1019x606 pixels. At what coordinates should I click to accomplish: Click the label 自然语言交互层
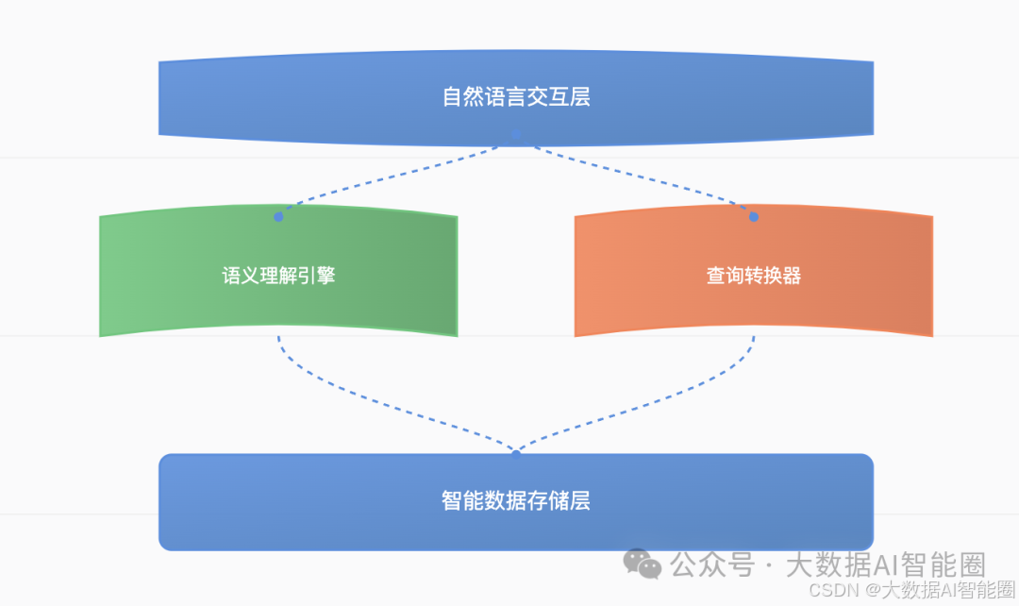click(x=516, y=97)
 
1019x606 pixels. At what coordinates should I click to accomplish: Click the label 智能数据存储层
click(x=516, y=500)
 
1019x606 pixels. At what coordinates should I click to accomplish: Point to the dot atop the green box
click(x=278, y=217)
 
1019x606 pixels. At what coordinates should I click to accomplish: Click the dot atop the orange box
click(x=754, y=217)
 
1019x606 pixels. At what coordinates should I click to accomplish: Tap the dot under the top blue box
click(x=516, y=135)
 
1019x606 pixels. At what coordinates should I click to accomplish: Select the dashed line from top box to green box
click(x=396, y=177)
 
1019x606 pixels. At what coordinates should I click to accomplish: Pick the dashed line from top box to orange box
click(x=637, y=177)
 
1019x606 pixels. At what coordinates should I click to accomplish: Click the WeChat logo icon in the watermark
click(x=646, y=564)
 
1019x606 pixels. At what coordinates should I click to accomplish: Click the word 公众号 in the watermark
click(x=712, y=565)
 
